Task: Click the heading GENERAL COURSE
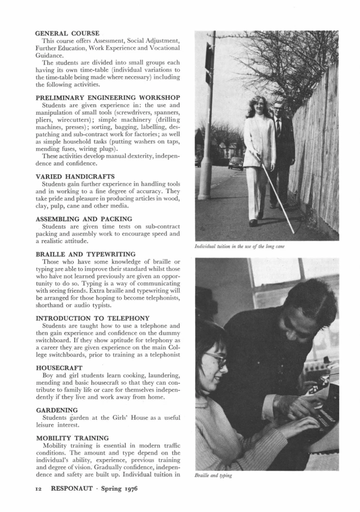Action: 67,33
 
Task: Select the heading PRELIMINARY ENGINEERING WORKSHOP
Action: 107,98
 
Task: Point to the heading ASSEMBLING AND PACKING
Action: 83,219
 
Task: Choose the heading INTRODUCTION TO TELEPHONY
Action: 92,318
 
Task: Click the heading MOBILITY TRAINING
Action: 72,438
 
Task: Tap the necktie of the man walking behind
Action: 279,126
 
